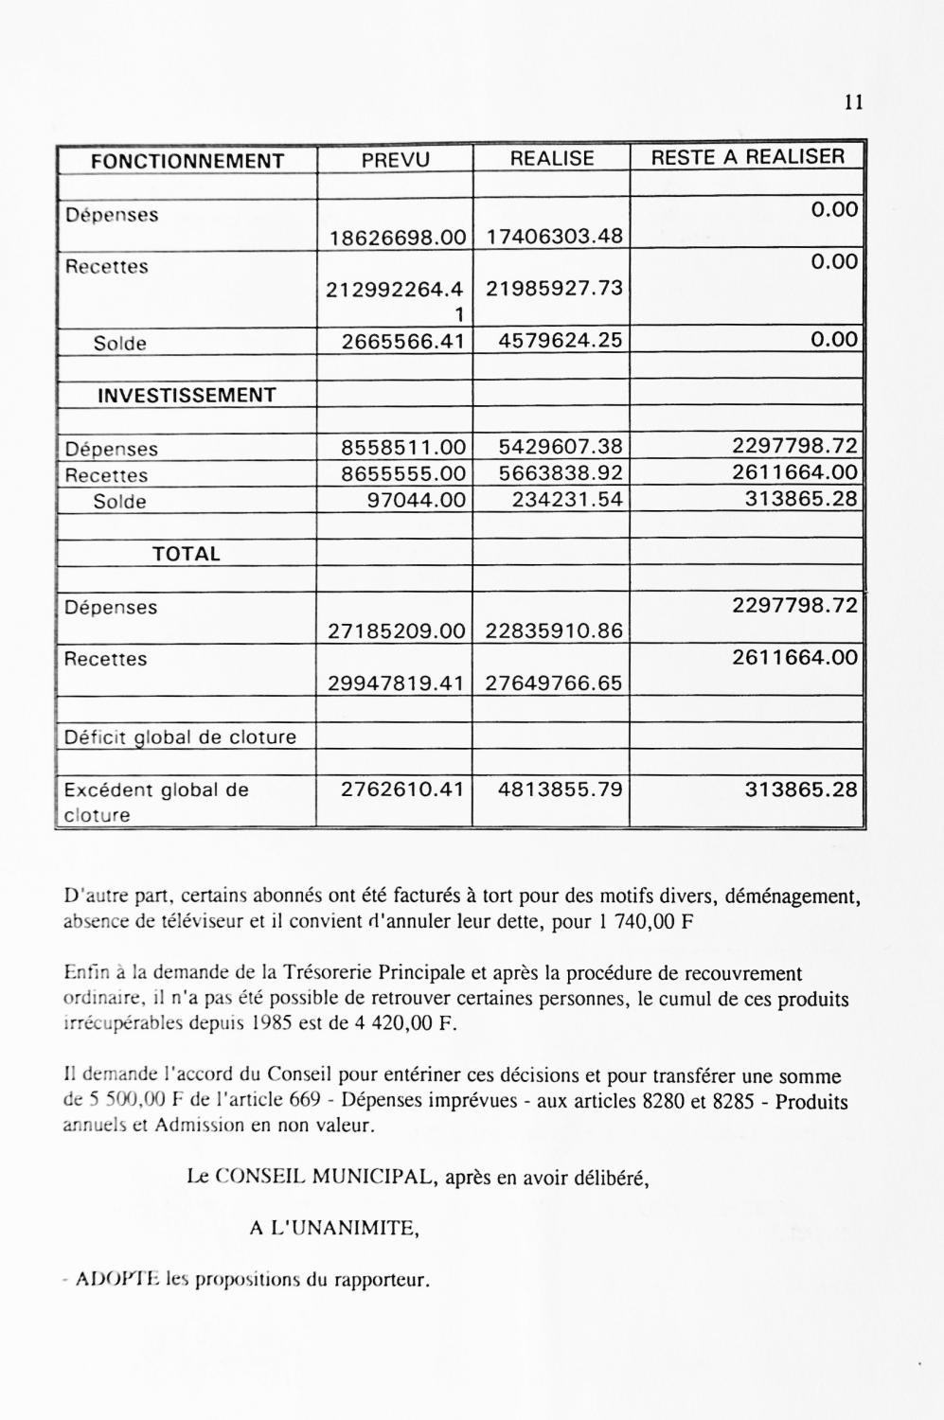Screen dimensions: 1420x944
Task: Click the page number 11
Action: click(x=852, y=103)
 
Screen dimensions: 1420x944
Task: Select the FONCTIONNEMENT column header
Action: click(x=187, y=161)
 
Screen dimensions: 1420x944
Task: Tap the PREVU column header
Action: click(x=395, y=160)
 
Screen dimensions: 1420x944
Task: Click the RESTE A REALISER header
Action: click(x=747, y=157)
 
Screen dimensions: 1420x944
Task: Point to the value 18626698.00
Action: click(x=398, y=237)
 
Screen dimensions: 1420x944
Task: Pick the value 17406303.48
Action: click(x=554, y=237)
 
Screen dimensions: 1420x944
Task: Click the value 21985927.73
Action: click(x=554, y=288)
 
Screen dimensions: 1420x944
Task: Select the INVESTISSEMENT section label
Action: click(x=187, y=396)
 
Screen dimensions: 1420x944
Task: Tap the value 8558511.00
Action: click(x=404, y=448)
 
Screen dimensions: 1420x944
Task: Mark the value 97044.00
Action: click(x=417, y=499)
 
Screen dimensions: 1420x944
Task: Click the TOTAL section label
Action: click(x=187, y=554)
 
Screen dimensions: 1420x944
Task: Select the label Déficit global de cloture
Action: click(x=180, y=737)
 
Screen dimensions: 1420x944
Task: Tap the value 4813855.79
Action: click(x=561, y=789)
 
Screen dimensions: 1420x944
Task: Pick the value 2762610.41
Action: click(x=404, y=789)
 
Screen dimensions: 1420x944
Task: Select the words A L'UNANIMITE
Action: click(x=333, y=1229)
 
